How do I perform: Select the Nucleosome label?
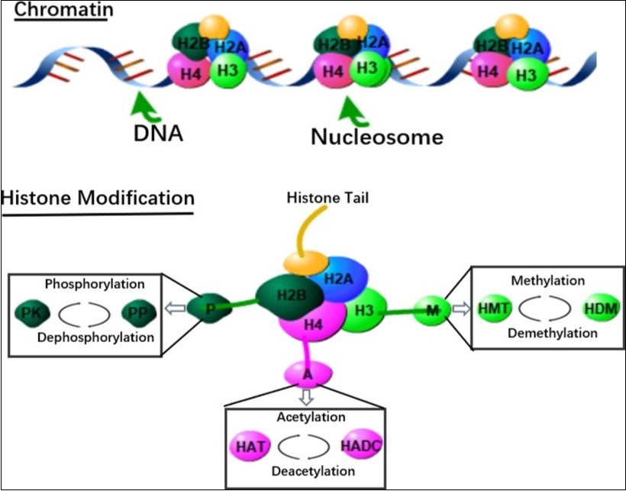376,137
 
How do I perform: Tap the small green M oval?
433,308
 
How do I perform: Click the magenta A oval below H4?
308,374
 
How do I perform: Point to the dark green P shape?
208,308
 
